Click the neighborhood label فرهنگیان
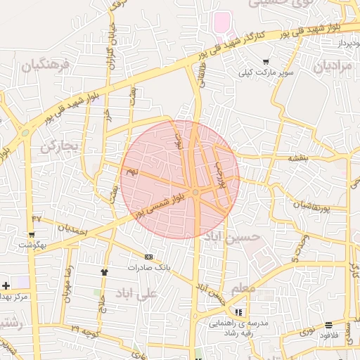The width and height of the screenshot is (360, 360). [x=46, y=66]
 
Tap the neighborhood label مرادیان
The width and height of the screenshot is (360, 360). [x=331, y=67]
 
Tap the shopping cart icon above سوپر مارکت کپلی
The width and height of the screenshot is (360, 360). [x=265, y=62]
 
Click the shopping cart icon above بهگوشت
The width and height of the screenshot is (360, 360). [x=31, y=234]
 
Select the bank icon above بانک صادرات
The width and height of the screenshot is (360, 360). [x=148, y=257]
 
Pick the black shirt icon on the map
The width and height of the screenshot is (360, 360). [x=105, y=271]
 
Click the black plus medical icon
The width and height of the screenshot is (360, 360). [x=6, y=285]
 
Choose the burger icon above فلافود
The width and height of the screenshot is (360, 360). [x=328, y=325]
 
